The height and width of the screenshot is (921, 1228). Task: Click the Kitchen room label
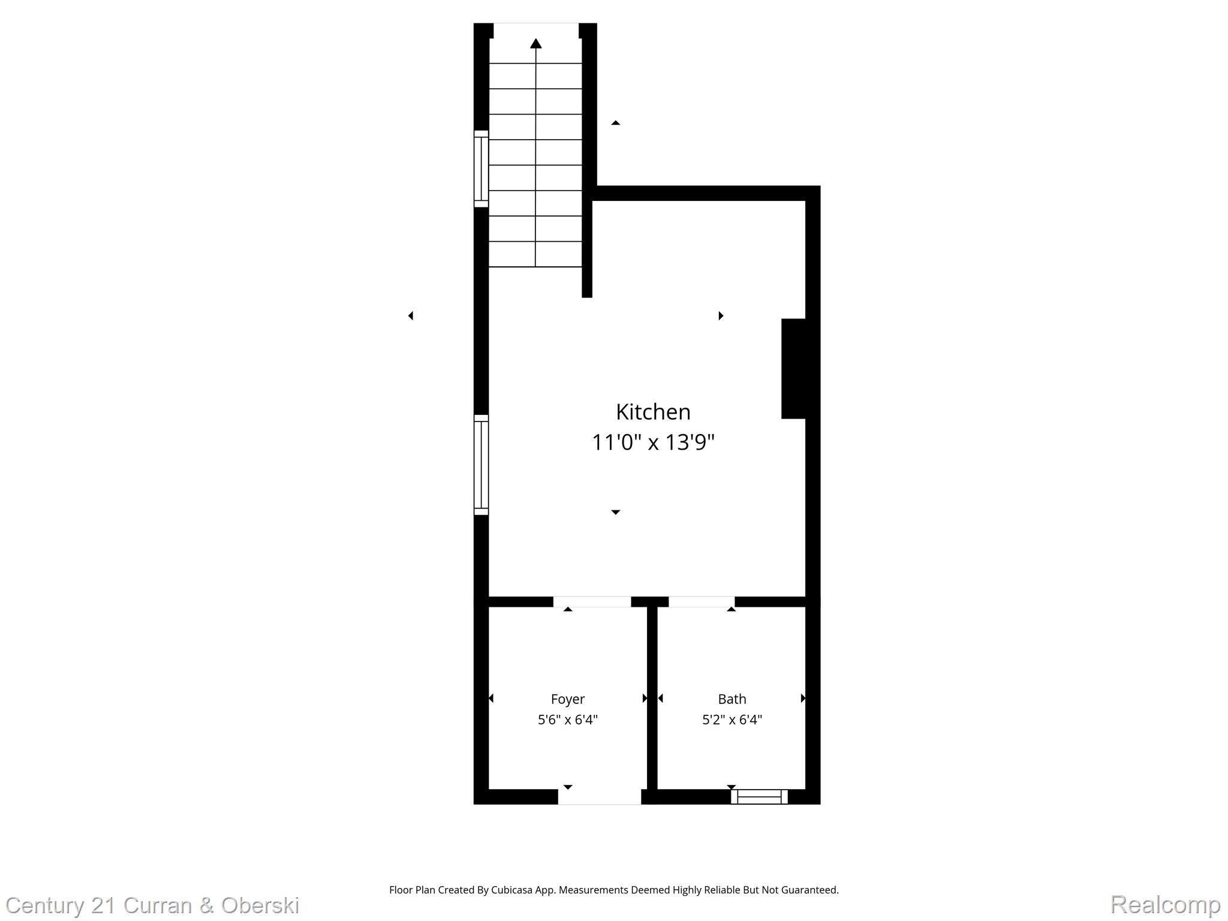653,412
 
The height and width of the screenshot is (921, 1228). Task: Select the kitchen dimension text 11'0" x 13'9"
653,443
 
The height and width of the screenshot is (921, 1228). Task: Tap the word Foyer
567,699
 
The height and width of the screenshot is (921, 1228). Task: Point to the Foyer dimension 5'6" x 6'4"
567,720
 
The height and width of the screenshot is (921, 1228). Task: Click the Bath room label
732,699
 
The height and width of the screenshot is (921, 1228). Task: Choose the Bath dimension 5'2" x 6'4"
732,720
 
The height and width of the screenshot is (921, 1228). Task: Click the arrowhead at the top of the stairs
535,43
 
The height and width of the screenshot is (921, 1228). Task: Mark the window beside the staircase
481,168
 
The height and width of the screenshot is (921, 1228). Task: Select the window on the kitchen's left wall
481,465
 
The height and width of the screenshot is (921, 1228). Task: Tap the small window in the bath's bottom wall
759,797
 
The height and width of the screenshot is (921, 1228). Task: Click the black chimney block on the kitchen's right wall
794,369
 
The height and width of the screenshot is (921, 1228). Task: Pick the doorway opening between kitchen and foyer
592,601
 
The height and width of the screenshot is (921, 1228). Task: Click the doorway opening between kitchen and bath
702,601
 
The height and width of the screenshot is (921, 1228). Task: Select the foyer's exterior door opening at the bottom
600,797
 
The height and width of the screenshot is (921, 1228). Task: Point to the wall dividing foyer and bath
652,699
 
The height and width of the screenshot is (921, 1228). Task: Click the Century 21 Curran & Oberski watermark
152,905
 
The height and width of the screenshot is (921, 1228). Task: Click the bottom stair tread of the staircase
535,254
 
